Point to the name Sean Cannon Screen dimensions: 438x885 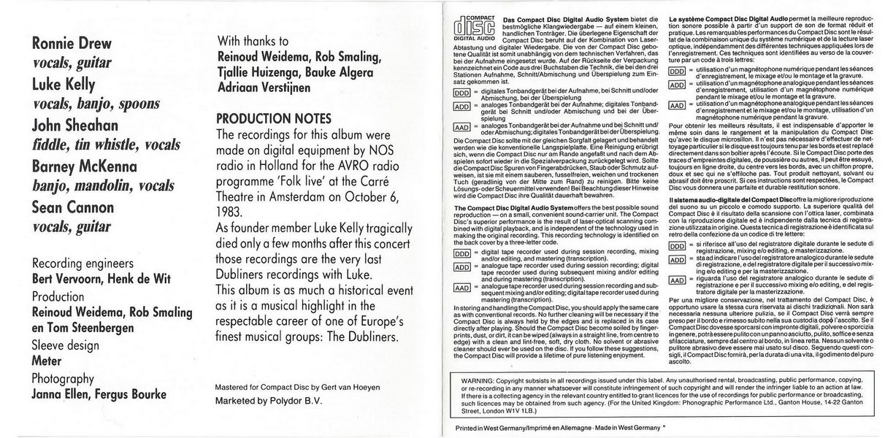72,207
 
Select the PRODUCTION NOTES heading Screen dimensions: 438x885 274,118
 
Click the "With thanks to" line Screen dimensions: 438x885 253,42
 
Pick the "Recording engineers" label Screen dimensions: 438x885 82,263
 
